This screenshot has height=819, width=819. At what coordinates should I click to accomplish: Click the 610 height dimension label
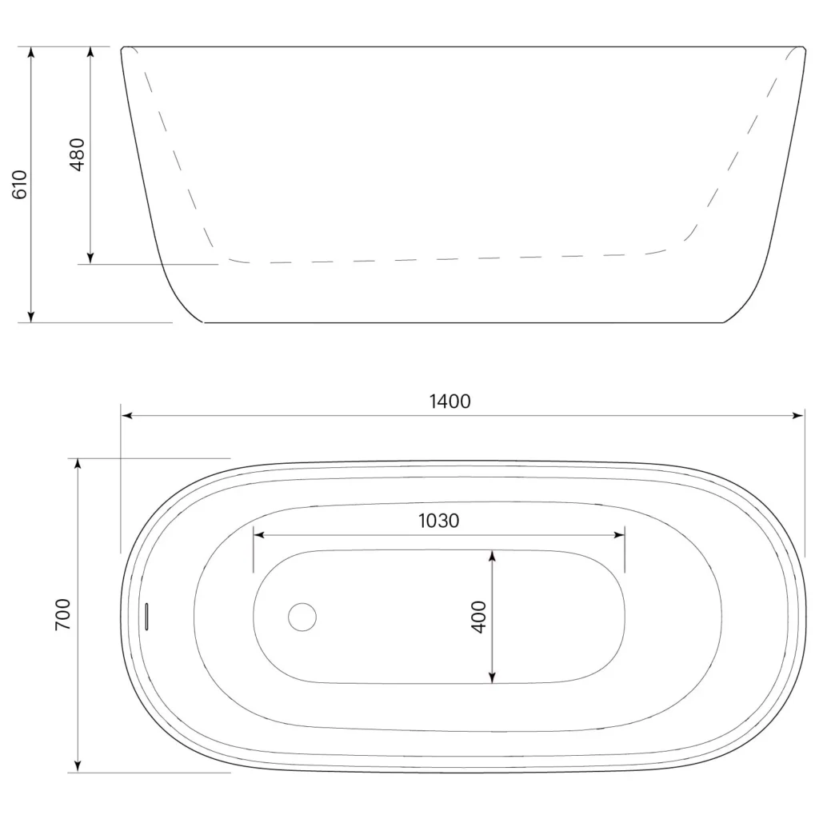[x=19, y=185]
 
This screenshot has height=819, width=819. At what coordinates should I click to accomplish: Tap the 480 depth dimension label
[x=77, y=154]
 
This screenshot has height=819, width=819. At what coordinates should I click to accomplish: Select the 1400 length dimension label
[x=449, y=402]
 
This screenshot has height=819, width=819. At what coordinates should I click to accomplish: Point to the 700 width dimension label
[x=62, y=615]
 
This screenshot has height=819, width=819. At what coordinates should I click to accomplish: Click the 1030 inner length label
[x=439, y=521]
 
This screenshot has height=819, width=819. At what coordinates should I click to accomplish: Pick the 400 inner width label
[x=478, y=617]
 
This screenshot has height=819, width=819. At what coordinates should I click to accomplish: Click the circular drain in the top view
[x=302, y=617]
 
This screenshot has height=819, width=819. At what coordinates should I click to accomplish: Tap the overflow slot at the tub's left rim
[x=147, y=617]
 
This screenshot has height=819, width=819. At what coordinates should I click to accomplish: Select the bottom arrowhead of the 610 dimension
[x=31, y=317]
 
